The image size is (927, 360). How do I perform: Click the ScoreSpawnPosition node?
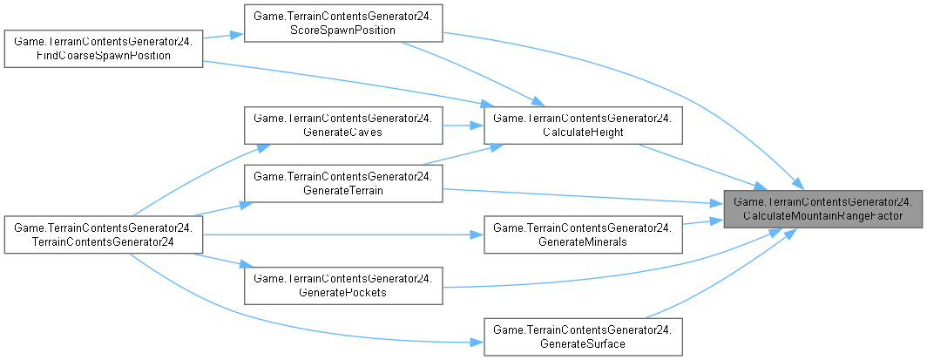[343, 24]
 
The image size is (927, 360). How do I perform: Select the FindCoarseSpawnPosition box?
[104, 50]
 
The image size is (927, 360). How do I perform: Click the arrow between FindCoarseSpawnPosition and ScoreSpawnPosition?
[223, 37]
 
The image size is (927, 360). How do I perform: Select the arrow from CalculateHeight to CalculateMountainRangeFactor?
[697, 166]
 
